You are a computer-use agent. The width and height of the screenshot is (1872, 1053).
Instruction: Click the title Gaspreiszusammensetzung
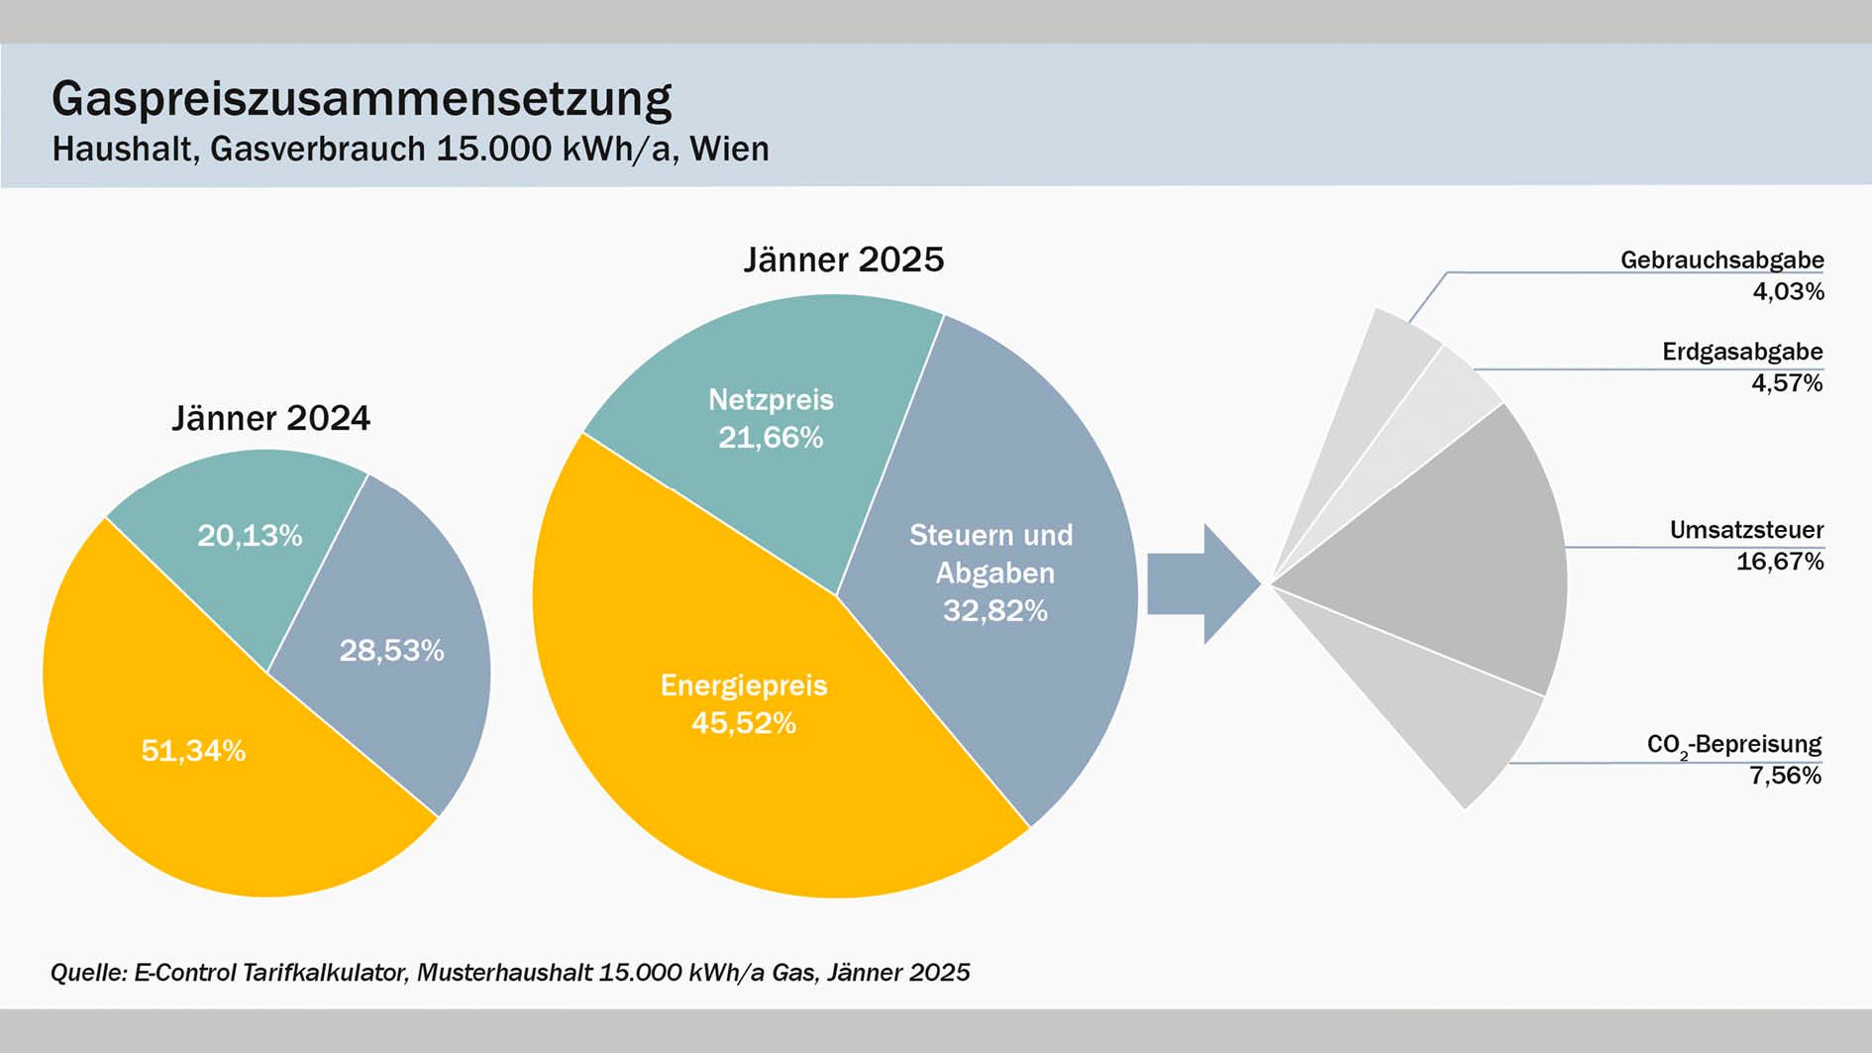coord(362,99)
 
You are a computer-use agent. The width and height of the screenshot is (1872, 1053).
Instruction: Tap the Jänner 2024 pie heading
coord(270,418)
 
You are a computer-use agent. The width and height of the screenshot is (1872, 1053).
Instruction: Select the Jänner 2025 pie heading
coord(843,260)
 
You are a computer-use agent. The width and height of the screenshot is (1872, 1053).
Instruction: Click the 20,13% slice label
coord(250,536)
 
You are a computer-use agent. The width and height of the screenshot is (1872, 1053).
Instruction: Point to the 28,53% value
coord(391,651)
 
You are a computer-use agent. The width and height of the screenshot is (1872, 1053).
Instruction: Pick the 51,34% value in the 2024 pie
coord(193,751)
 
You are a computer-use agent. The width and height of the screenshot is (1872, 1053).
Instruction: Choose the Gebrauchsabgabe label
coord(1721,260)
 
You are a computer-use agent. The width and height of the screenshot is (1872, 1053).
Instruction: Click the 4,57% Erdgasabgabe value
coord(1787,383)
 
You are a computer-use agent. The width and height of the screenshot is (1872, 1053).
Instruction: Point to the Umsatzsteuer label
coord(1746,530)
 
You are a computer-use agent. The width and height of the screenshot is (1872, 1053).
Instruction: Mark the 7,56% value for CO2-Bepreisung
coord(1785,776)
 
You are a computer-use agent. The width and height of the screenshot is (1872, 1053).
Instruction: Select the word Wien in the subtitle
coord(729,149)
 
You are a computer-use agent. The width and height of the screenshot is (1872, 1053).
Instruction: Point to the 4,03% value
coord(1788,291)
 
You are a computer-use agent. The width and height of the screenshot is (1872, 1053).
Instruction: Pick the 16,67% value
coord(1779,562)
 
